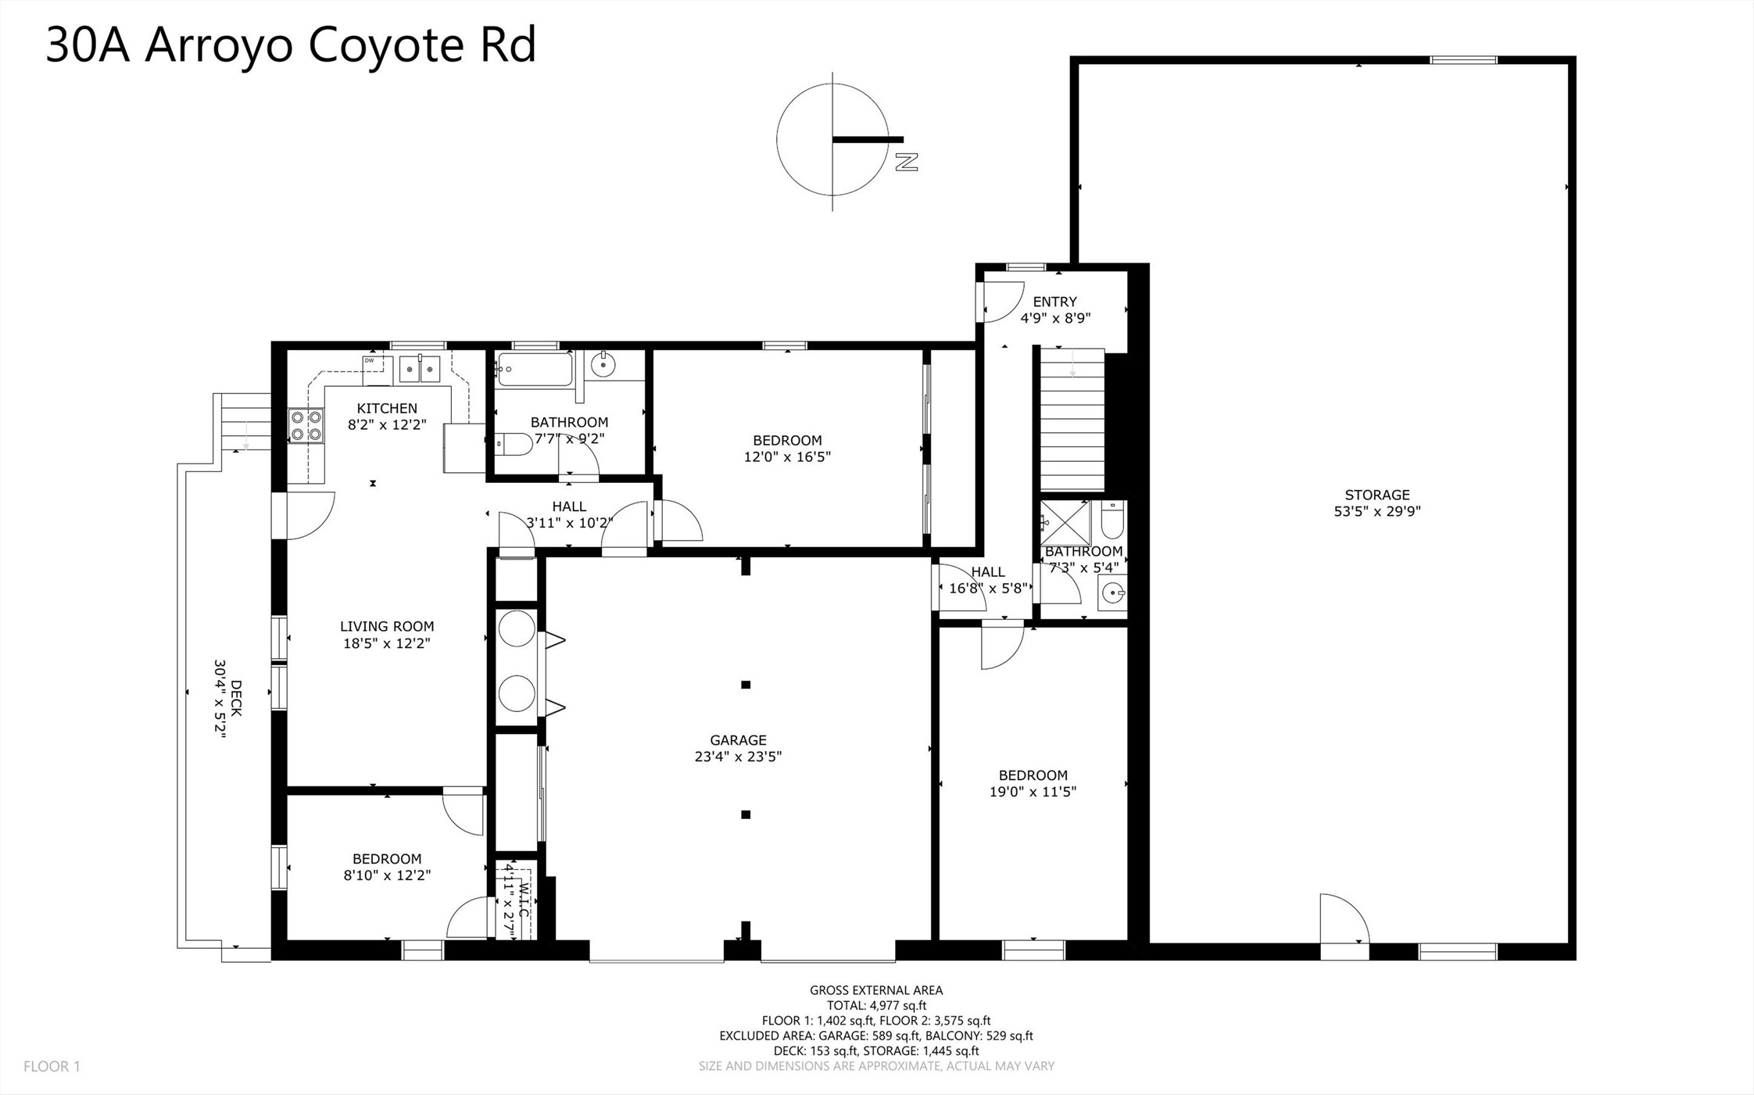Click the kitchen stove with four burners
(306, 426)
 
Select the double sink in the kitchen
(420, 368)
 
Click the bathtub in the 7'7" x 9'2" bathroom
(535, 369)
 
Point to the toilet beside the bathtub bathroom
(514, 444)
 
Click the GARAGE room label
(738, 739)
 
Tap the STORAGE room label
(1377, 495)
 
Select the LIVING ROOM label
(387, 626)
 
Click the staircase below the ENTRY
(1072, 420)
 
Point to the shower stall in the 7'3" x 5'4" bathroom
(1065, 523)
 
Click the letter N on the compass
(906, 162)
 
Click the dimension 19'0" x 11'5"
(1033, 792)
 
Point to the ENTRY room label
(1054, 302)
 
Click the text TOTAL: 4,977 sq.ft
(876, 1006)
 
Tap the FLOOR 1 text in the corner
(52, 1066)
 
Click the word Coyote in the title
(386, 46)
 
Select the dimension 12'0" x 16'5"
(787, 456)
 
